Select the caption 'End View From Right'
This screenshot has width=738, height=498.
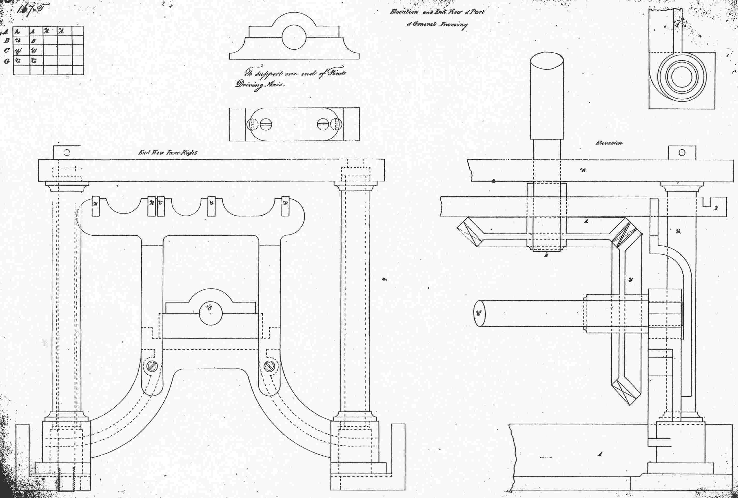pos(168,153)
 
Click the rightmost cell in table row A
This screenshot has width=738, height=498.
pos(78,31)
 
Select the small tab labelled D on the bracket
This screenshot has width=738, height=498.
pos(285,207)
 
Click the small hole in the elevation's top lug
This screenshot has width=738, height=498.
pos(682,153)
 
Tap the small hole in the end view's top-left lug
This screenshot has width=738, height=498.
pos(67,152)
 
